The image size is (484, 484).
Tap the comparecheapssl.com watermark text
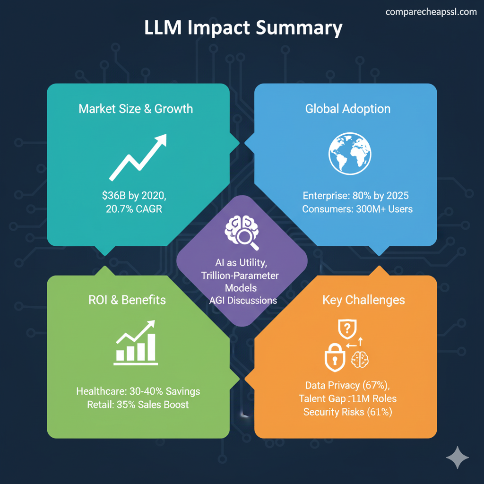pos(431,12)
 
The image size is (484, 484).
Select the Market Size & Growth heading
pos(136,109)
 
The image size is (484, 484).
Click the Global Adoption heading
pos(348,109)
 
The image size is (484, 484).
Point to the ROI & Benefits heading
pos(127,300)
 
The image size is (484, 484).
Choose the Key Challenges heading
pos(363,300)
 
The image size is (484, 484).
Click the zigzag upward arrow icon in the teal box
pos(138,156)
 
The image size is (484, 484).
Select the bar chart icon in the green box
pos(135,344)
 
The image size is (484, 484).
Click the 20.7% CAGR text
pos(134,208)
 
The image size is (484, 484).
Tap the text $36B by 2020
pos(134,195)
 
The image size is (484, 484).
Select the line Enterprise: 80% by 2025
pos(355,195)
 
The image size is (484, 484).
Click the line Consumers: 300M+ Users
pos(357,208)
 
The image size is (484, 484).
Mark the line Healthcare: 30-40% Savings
pos(138,391)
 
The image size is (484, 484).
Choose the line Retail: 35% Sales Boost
pos(138,405)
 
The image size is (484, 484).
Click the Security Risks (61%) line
pos(347,412)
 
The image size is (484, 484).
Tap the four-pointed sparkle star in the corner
pos(458,457)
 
